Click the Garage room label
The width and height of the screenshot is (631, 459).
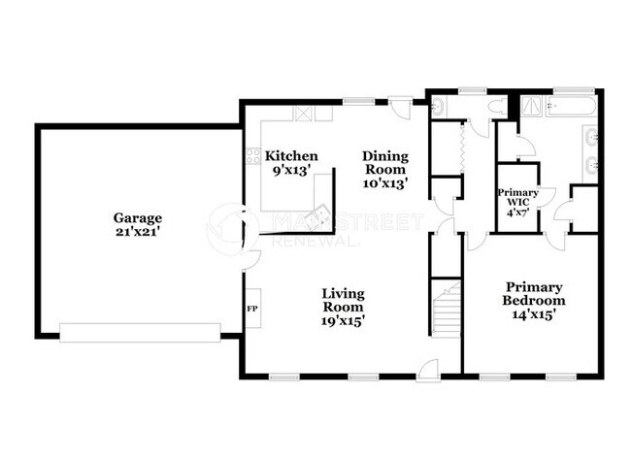click(x=138, y=225)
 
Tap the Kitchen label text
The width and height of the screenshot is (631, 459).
click(x=291, y=156)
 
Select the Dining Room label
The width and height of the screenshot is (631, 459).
click(x=385, y=170)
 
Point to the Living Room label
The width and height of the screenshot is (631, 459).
click(x=344, y=307)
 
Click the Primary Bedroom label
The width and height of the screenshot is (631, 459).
click(x=534, y=301)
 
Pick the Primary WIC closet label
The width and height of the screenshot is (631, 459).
click(x=518, y=203)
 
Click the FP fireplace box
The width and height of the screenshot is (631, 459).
click(x=253, y=309)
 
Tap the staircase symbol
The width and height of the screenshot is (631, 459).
click(x=446, y=309)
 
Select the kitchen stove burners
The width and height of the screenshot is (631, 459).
click(x=253, y=156)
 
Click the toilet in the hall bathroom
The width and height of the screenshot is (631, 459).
click(x=498, y=108)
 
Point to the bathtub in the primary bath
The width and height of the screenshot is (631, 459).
click(x=572, y=106)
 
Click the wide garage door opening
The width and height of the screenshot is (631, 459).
click(x=140, y=333)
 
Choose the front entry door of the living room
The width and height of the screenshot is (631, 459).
click(x=428, y=370)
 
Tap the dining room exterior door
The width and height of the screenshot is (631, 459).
click(x=401, y=106)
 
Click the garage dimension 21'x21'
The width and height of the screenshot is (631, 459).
click(x=138, y=232)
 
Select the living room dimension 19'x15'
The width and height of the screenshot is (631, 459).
click(x=344, y=321)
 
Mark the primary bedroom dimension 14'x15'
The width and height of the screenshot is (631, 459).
click(x=534, y=314)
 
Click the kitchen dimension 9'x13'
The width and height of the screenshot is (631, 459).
click(x=291, y=171)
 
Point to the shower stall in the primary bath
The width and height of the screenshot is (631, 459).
click(x=533, y=107)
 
